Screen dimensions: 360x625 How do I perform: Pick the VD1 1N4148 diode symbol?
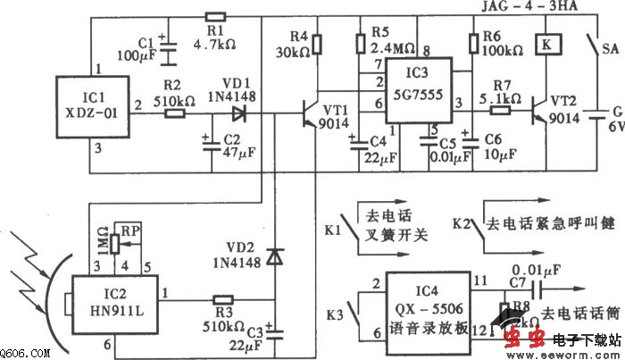click(237, 113)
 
